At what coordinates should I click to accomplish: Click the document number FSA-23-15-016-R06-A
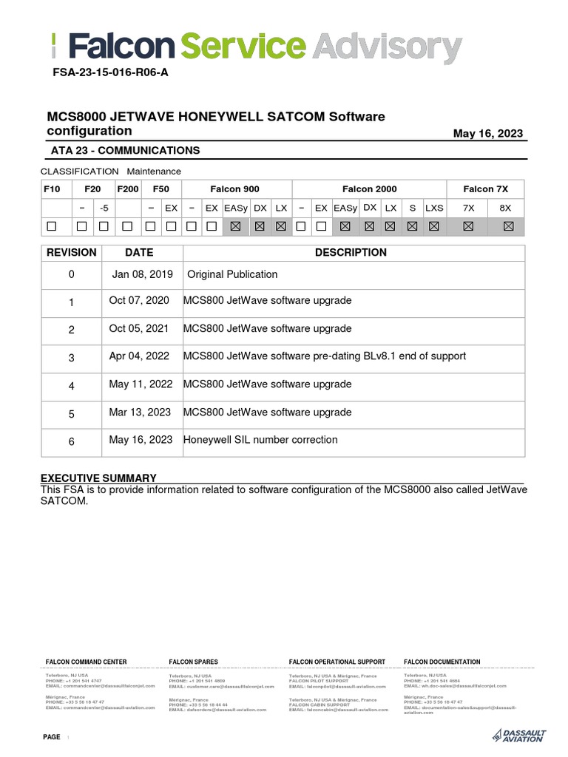click(110, 74)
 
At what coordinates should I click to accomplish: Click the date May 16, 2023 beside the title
click(487, 134)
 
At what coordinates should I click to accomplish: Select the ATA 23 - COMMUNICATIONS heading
click(125, 150)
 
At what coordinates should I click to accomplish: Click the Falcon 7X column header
click(485, 189)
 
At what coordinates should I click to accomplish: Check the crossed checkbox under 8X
click(507, 227)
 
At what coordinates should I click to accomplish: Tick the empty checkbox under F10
click(52, 227)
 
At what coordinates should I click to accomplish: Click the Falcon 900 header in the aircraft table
click(234, 189)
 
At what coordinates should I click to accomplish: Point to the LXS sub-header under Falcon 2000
click(433, 208)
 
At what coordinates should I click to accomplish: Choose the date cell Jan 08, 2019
click(143, 274)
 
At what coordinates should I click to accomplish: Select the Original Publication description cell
click(232, 274)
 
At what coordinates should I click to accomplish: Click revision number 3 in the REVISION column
click(72, 357)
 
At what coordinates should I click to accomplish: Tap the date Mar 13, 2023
click(140, 413)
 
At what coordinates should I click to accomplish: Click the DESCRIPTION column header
click(351, 253)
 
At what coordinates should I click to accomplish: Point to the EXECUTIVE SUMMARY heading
click(98, 478)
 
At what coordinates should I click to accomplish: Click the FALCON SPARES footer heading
click(194, 662)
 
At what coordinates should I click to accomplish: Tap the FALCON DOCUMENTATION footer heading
click(442, 662)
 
